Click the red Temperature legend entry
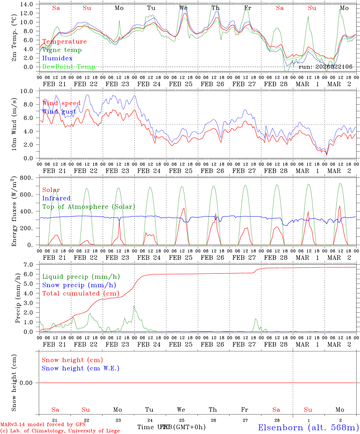65,42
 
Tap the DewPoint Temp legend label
69,67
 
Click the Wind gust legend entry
59,112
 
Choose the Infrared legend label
56,198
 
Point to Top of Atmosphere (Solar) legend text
89,207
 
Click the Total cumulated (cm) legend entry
81,294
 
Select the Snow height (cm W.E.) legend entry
81,368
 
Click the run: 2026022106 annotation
325,67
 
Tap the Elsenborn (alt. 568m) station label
308,427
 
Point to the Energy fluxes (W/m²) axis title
14,212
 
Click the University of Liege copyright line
60,431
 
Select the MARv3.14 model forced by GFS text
43,425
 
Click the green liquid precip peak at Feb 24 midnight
134,306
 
